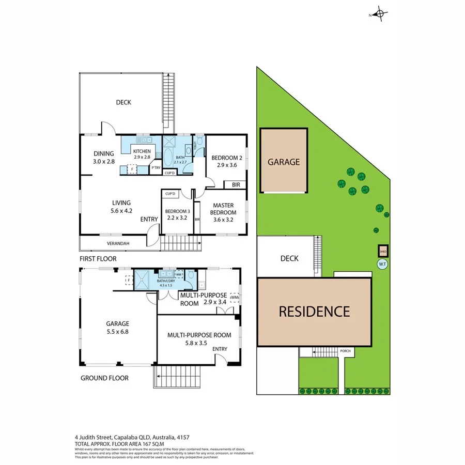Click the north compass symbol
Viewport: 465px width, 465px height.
(x=380, y=14)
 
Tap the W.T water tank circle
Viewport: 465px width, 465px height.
(x=382, y=265)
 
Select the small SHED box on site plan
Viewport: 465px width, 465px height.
(x=383, y=252)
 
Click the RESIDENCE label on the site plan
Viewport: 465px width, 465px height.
(x=314, y=312)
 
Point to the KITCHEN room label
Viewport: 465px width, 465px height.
(x=142, y=151)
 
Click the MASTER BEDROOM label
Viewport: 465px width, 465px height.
(x=224, y=208)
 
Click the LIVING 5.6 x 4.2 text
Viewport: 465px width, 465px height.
(x=121, y=206)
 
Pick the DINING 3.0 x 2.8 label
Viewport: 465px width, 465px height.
(x=103, y=157)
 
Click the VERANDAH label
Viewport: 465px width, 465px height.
(x=118, y=243)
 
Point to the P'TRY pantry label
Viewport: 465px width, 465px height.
(x=156, y=168)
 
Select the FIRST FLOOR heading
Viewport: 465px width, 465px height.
(x=98, y=258)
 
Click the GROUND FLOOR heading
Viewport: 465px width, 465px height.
(x=104, y=378)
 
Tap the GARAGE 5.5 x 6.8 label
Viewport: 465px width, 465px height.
(x=118, y=328)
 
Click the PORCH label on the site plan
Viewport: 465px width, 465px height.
(x=345, y=351)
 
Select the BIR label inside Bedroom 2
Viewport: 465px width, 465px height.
(x=236, y=184)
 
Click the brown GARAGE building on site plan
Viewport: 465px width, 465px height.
(x=283, y=161)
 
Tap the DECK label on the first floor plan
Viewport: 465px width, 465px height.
(x=123, y=102)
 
